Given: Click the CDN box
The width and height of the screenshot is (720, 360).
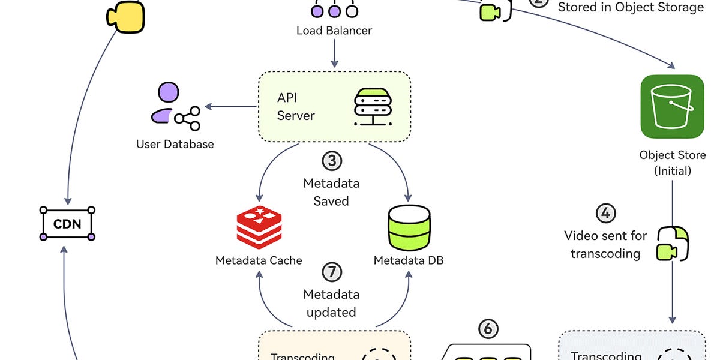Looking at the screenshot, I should point(67,224).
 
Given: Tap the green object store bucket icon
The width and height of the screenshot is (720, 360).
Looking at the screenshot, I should point(672,106).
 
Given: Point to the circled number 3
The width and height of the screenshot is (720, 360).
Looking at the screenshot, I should point(331,161).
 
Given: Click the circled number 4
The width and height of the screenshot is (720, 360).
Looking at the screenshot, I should point(606,213).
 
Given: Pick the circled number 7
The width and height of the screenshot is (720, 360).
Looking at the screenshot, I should point(331,272).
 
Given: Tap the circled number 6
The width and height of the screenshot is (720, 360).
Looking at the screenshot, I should point(488,328).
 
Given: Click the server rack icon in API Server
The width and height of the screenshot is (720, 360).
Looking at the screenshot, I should point(373,107).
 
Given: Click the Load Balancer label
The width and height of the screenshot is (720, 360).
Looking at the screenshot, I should point(334,30).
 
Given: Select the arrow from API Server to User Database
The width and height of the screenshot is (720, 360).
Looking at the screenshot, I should point(231,107).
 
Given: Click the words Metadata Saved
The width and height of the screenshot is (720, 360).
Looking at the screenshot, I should point(331,191).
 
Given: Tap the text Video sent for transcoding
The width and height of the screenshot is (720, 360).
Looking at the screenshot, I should point(606,244).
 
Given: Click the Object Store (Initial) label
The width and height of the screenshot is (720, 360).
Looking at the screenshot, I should point(672,163).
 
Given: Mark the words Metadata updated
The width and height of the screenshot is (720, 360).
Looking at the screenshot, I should point(331,303).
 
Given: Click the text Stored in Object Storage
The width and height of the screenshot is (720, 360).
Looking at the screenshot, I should point(631,8).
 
